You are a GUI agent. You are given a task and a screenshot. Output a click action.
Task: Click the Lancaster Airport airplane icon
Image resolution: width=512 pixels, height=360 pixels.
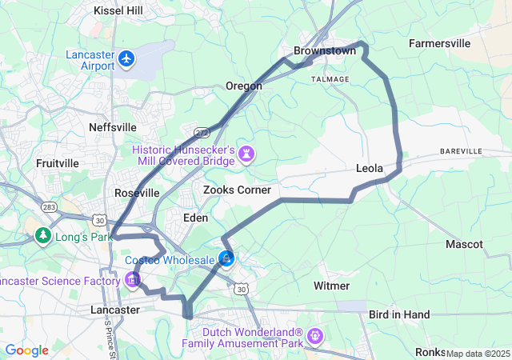click(126, 58)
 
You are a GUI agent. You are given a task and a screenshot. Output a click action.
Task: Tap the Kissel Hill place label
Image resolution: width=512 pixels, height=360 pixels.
click(118, 10)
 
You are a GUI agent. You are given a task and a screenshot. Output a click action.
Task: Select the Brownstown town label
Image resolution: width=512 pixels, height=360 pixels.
click(324, 50)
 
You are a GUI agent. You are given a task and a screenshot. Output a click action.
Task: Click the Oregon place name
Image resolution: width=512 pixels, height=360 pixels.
click(243, 86)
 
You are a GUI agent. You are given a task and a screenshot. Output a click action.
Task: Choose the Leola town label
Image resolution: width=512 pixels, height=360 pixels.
click(370, 169)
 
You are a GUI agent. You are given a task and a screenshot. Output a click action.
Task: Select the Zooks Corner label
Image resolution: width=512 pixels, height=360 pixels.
click(237, 190)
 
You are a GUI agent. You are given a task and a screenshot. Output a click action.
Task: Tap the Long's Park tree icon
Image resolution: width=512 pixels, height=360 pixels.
click(42, 236)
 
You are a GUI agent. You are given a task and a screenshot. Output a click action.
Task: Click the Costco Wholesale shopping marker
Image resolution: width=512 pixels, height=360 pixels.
click(227, 258)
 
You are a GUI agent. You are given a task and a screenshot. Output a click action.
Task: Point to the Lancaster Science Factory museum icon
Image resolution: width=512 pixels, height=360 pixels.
click(133, 280)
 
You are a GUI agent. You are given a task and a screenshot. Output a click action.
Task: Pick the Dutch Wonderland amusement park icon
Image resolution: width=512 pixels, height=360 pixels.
click(316, 336)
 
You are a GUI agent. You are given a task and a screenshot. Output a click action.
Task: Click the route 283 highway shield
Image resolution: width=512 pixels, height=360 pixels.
click(49, 206)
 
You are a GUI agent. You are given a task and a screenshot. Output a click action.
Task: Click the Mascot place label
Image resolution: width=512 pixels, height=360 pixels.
click(464, 244)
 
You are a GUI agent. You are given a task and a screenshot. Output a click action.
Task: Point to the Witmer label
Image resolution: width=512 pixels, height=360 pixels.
click(331, 286)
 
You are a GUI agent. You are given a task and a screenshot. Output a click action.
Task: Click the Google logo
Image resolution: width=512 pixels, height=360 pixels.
click(26, 350)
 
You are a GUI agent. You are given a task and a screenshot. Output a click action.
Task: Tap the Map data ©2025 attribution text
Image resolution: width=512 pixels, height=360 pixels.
click(478, 354)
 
